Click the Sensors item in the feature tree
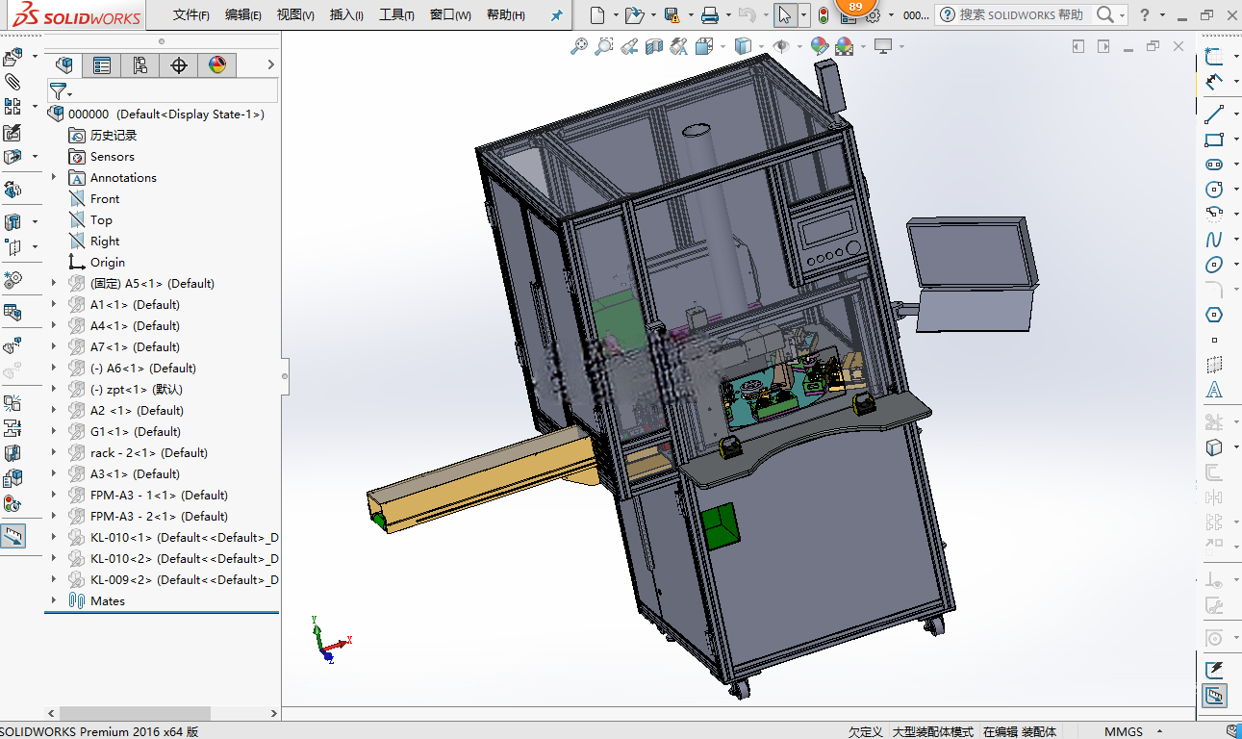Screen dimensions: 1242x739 (x=112, y=157)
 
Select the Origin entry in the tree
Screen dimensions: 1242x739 (x=108, y=263)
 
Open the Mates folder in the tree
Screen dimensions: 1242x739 (x=108, y=601)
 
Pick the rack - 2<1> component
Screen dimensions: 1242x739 (x=148, y=453)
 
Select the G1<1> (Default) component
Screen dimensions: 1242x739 (x=135, y=432)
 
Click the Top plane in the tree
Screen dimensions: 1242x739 (x=101, y=220)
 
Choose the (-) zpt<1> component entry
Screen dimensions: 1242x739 (x=137, y=390)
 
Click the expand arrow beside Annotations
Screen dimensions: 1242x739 (x=54, y=177)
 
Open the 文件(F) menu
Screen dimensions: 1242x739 (x=190, y=15)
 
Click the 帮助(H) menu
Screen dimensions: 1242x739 (x=506, y=15)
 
